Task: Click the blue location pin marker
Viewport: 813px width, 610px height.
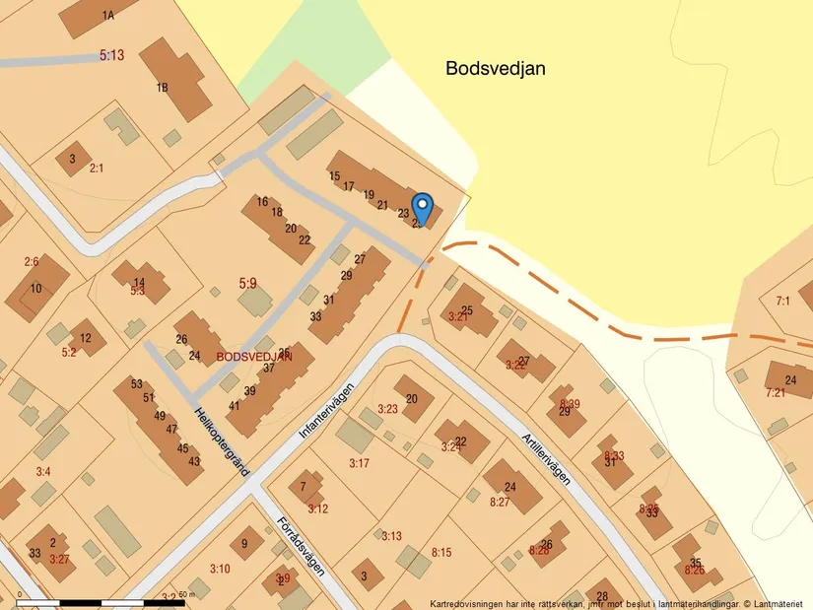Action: (422, 208)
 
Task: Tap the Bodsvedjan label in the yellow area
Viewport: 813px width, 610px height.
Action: (496, 69)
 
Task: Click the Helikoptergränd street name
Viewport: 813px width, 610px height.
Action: (221, 442)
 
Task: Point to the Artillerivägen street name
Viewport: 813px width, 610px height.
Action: (546, 443)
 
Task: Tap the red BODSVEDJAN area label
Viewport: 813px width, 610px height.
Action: (254, 357)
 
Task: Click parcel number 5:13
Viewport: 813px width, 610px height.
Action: (112, 56)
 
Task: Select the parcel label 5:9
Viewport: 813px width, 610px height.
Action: (247, 284)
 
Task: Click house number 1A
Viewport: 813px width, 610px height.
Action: (107, 16)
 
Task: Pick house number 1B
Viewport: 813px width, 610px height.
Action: (163, 88)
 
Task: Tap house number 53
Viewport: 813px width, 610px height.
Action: (136, 384)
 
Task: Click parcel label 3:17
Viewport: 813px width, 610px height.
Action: (359, 463)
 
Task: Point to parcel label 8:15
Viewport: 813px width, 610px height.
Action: (440, 553)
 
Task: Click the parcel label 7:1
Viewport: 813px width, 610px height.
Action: (783, 301)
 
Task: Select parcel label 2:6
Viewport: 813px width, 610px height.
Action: (32, 262)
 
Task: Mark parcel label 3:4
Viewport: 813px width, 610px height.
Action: (43, 472)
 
